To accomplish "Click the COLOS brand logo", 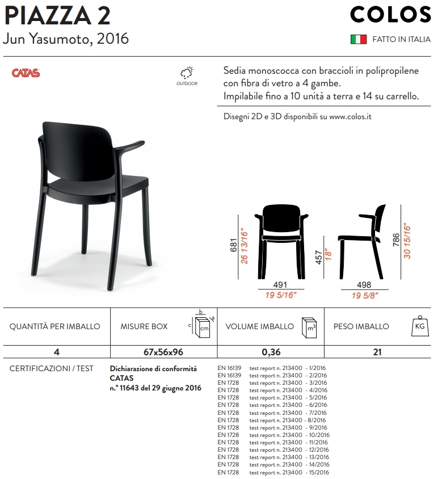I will click(x=390, y=15).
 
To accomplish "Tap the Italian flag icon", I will click(x=358, y=40).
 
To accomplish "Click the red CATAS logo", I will click(x=26, y=73).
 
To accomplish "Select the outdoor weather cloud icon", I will click(x=187, y=73).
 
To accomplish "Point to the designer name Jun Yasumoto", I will click(x=65, y=40).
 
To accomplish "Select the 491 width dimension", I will click(x=281, y=285).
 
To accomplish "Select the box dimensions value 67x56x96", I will click(x=163, y=352).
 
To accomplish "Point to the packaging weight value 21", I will click(x=377, y=352).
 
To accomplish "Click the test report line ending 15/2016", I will click(x=289, y=472).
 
